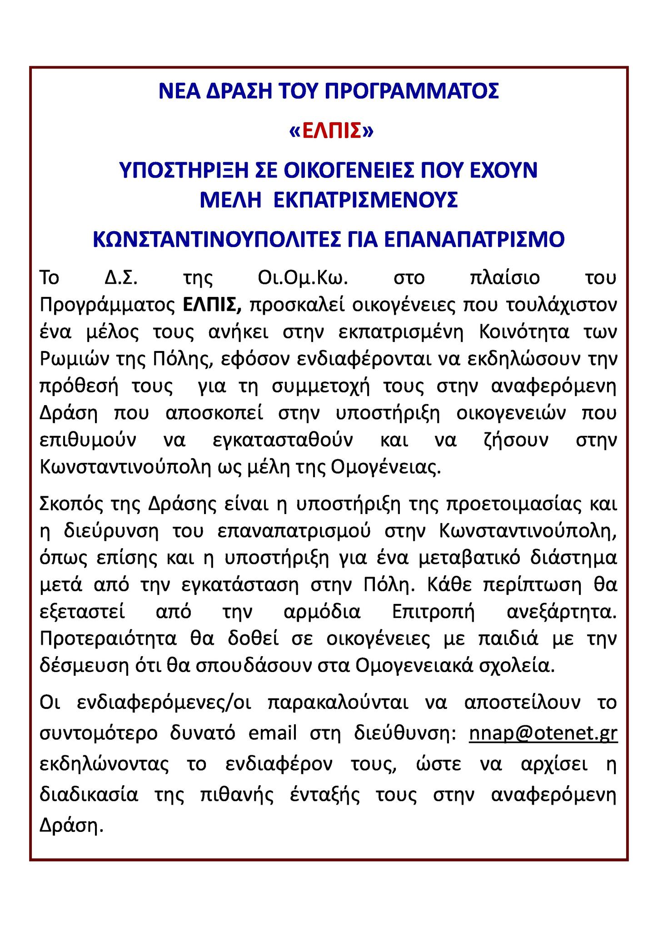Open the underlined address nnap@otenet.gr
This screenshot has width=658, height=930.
pyautogui.click(x=543, y=733)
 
